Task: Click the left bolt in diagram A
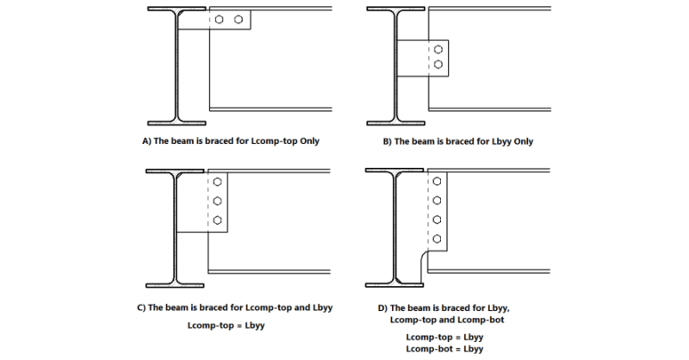221,18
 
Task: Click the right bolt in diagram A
239,18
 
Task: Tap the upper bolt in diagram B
438,49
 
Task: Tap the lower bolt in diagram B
438,65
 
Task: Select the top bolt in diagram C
219,183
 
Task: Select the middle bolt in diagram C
219,202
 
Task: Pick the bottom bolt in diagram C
219,220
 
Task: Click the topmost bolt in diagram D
438,182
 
